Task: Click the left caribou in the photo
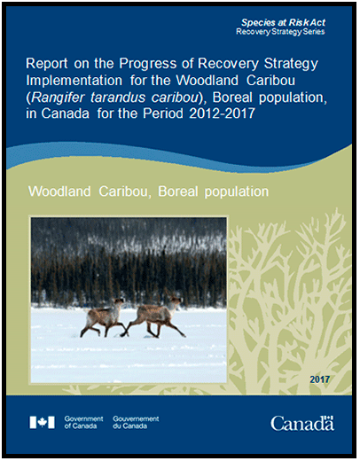coord(104,314)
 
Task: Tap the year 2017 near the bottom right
coord(319,379)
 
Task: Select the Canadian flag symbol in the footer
coord(42,422)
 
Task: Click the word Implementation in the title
coord(68,82)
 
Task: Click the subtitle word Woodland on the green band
coord(60,191)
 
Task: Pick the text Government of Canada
coord(83,422)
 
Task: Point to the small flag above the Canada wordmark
coord(329,413)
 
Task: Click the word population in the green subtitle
coord(234,191)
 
